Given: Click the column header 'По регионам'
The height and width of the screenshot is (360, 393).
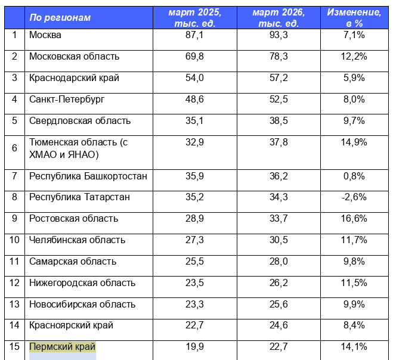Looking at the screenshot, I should point(60,18).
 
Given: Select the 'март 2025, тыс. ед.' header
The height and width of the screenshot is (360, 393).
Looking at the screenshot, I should point(195,18).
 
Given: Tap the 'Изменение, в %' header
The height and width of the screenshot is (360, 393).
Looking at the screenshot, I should point(354,18).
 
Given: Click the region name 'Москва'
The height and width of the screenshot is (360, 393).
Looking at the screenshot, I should point(45,35).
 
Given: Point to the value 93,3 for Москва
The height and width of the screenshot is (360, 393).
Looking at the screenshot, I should point(278,35).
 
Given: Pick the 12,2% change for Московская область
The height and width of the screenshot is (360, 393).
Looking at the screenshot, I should point(354,57).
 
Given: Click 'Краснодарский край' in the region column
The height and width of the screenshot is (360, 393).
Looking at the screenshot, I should point(75,78).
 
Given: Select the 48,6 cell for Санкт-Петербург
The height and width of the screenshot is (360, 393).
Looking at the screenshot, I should point(195,100).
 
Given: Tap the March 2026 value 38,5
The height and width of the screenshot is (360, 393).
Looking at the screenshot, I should point(278,121).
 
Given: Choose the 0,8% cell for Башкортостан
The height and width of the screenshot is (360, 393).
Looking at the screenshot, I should point(354,176).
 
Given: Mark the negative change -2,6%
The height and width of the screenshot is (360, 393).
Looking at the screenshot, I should point(354,197).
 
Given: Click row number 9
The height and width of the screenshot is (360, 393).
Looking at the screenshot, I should point(14,219).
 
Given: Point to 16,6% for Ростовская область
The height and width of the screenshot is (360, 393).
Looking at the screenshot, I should point(354,219).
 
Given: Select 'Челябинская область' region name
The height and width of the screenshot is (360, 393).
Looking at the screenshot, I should point(78,240).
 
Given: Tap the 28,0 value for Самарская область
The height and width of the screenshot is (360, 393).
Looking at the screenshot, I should point(278,262).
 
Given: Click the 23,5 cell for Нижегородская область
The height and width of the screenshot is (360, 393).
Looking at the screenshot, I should point(195,283).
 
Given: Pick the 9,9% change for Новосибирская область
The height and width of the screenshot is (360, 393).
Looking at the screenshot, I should point(354,305).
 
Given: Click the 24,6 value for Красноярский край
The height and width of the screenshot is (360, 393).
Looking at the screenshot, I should point(278,326).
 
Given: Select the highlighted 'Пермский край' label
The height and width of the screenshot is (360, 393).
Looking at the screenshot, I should point(62,347).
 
